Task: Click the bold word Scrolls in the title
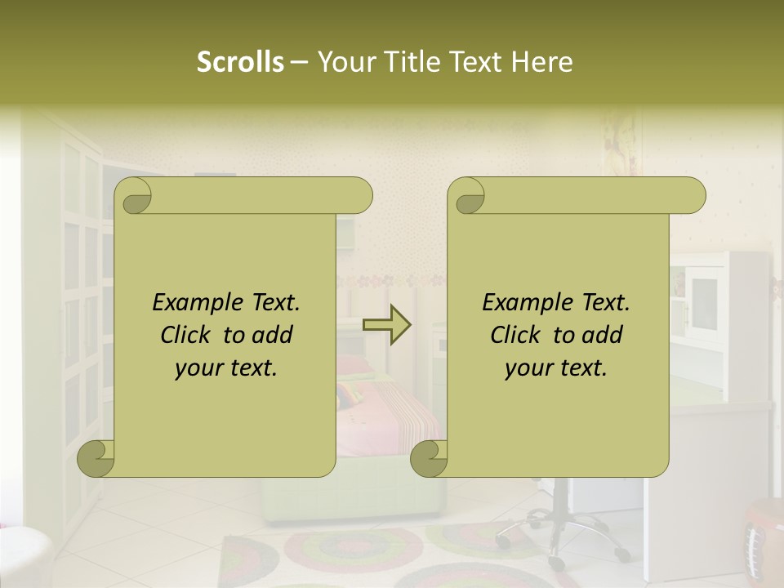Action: [240, 62]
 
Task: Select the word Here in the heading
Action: [542, 62]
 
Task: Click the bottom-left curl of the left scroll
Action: [96, 459]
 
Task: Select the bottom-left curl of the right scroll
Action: [429, 459]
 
